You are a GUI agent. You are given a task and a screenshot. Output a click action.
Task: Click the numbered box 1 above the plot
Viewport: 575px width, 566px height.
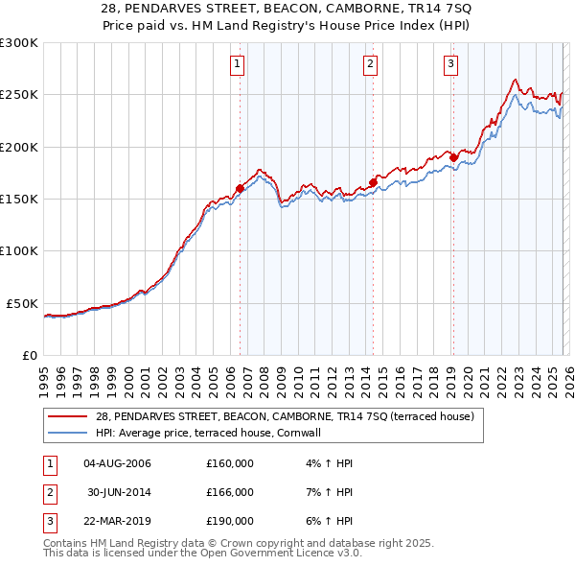pyautogui.click(x=237, y=64)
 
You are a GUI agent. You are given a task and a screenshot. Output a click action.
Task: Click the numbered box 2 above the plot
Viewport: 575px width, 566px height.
pyautogui.click(x=370, y=64)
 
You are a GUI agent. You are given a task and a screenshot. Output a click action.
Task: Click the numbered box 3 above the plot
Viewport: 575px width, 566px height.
pyautogui.click(x=450, y=64)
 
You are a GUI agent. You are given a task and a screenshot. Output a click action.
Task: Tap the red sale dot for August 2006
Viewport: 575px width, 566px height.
pyautogui.click(x=240, y=189)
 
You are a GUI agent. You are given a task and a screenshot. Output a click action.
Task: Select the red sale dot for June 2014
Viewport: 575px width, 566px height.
pyautogui.click(x=373, y=182)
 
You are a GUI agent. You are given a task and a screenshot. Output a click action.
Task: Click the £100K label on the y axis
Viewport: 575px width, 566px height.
pyautogui.click(x=19, y=250)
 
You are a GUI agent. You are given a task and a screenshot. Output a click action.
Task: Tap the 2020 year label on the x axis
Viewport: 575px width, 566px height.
pyautogui.click(x=468, y=375)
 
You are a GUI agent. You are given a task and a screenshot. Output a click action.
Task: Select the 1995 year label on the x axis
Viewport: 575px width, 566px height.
pyautogui.click(x=44, y=375)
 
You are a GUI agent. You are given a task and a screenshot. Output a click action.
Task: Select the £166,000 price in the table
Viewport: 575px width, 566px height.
pyautogui.click(x=230, y=492)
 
